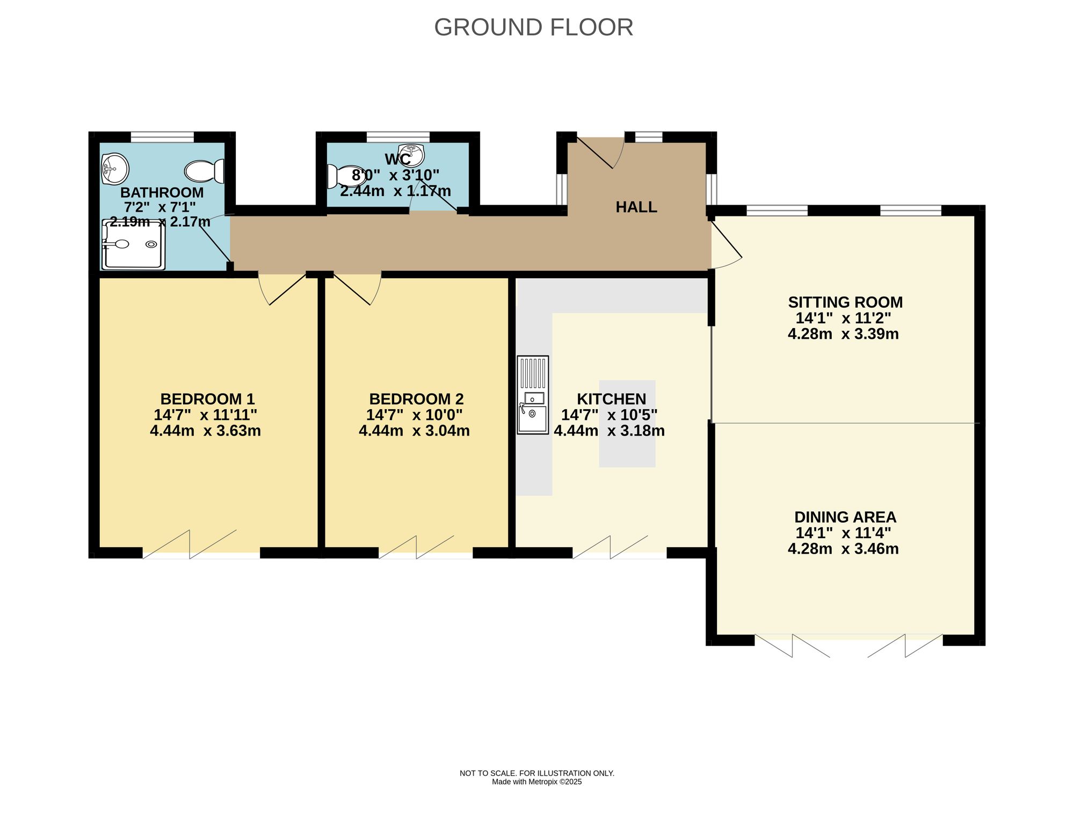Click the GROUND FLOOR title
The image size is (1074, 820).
tap(533, 27)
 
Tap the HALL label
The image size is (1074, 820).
tap(636, 207)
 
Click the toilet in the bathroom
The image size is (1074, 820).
tap(205, 171)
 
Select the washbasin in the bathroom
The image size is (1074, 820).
tap(114, 169)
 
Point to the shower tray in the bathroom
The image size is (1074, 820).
tap(133, 245)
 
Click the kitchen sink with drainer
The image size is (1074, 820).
tap(533, 395)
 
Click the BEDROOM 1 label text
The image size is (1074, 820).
tap(207, 399)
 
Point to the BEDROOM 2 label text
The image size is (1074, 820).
tap(416, 399)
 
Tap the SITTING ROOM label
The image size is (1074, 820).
tap(845, 302)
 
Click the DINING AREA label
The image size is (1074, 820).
tap(845, 517)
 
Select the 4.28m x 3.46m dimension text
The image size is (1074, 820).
tap(843, 549)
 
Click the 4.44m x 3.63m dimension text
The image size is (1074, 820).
tap(205, 431)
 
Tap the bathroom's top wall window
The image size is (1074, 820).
tap(162, 137)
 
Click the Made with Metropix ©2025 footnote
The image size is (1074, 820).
tap(536, 782)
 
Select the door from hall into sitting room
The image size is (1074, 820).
tap(726, 244)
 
